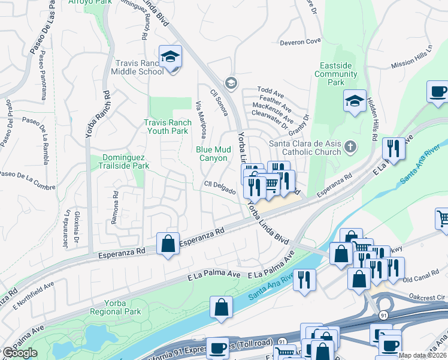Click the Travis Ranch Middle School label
pos(137,67)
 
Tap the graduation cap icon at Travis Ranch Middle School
pos(171,57)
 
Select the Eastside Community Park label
pos(336,74)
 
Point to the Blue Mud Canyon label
pos(211,154)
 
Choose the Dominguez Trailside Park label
pos(123,161)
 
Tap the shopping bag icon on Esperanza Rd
pos(168,244)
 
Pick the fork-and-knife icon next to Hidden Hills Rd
pos(393,148)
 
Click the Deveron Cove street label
pos(300,42)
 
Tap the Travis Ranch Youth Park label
pos(168,127)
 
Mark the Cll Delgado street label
pos(219,188)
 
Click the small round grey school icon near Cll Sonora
pos(230,83)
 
